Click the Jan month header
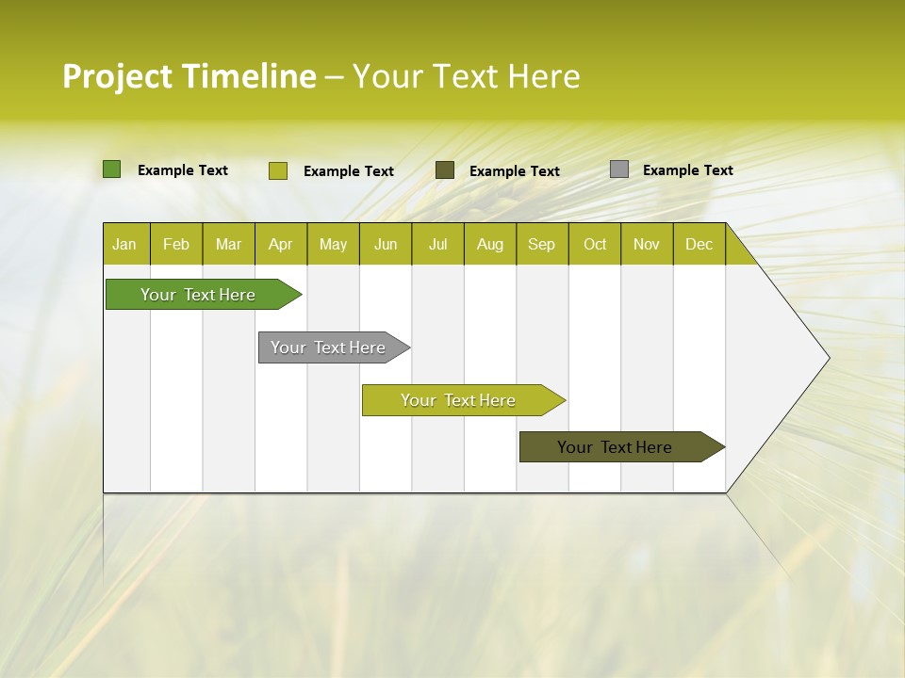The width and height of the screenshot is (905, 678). point(124,245)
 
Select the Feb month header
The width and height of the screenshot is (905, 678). point(176,245)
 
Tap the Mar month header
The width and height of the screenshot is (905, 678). point(228,245)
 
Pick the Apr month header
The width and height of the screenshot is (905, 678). point(281,245)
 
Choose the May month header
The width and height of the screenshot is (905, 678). point(333,245)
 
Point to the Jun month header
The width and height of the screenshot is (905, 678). point(386,245)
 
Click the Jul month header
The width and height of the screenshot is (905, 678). point(437,245)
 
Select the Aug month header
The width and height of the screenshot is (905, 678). point(490,245)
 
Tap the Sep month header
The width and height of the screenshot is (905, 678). point(542,245)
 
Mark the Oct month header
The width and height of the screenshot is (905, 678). point(595,245)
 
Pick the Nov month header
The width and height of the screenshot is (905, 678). point(647,245)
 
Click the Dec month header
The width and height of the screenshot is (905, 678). point(699,245)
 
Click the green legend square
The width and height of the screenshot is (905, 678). point(112,169)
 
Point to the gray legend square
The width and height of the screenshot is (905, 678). point(619,169)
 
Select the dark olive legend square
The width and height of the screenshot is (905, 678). point(445,169)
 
